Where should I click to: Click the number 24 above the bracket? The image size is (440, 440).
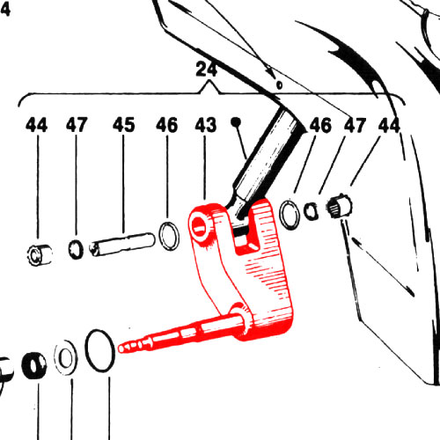click(x=207, y=70)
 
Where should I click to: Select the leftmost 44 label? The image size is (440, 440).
click(x=36, y=125)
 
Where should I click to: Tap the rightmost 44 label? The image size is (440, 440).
click(x=389, y=125)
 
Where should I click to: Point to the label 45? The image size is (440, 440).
click(x=124, y=125)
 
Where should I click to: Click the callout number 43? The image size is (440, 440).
click(x=206, y=125)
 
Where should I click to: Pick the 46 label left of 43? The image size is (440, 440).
click(x=166, y=125)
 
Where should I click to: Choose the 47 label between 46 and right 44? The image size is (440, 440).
click(x=355, y=125)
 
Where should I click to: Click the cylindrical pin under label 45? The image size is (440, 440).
click(x=122, y=244)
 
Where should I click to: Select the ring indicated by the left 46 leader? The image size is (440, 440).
click(x=169, y=236)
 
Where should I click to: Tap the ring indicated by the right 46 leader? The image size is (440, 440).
click(x=290, y=215)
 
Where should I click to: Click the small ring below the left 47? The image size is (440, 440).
click(x=76, y=249)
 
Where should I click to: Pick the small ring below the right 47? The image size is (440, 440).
click(x=311, y=211)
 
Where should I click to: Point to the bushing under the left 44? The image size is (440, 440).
click(x=40, y=255)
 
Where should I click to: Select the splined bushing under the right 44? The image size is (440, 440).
click(x=340, y=206)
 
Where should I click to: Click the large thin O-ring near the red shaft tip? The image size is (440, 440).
click(x=99, y=350)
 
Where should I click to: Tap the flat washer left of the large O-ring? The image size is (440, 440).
click(x=66, y=358)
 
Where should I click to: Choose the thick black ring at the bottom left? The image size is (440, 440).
click(x=34, y=365)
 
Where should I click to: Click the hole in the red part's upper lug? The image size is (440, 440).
click(x=200, y=226)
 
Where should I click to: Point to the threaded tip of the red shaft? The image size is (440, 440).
click(x=130, y=347)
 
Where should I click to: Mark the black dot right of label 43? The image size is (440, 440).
click(x=236, y=121)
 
